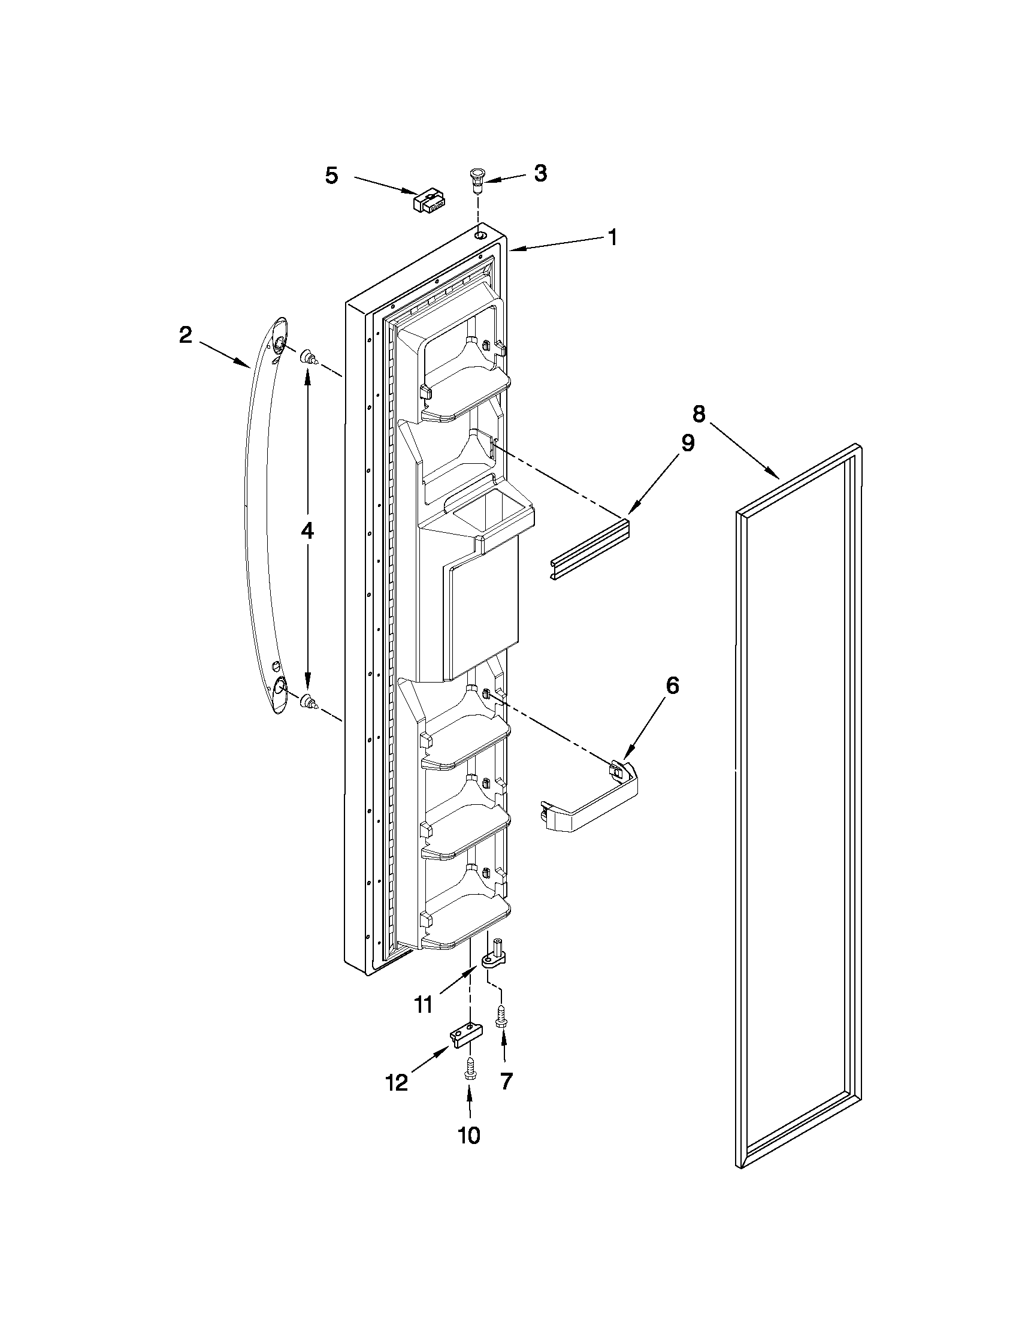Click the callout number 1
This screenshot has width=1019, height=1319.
(613, 238)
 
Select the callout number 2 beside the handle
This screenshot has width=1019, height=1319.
(185, 334)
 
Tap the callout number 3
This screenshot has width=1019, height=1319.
(540, 173)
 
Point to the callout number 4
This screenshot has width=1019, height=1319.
(307, 531)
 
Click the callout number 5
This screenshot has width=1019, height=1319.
(332, 176)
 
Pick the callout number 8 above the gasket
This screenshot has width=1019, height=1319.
(698, 414)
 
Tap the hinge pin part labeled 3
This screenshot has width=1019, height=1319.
(476, 180)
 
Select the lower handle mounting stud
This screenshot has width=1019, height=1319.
(309, 701)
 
